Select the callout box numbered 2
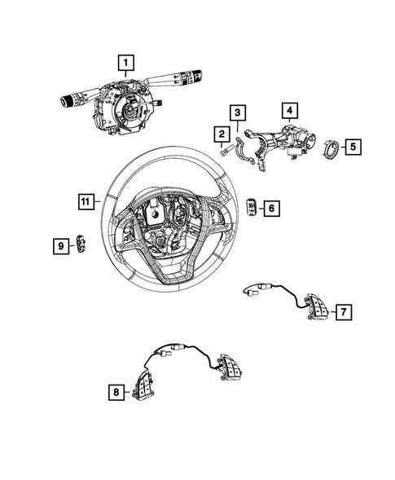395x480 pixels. tap(221, 134)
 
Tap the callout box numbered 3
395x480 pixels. tap(235, 112)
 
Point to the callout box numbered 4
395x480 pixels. tap(289, 108)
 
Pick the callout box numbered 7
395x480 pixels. tap(344, 311)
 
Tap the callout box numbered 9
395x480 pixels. tap(60, 243)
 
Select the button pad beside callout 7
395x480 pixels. tap(314, 307)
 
